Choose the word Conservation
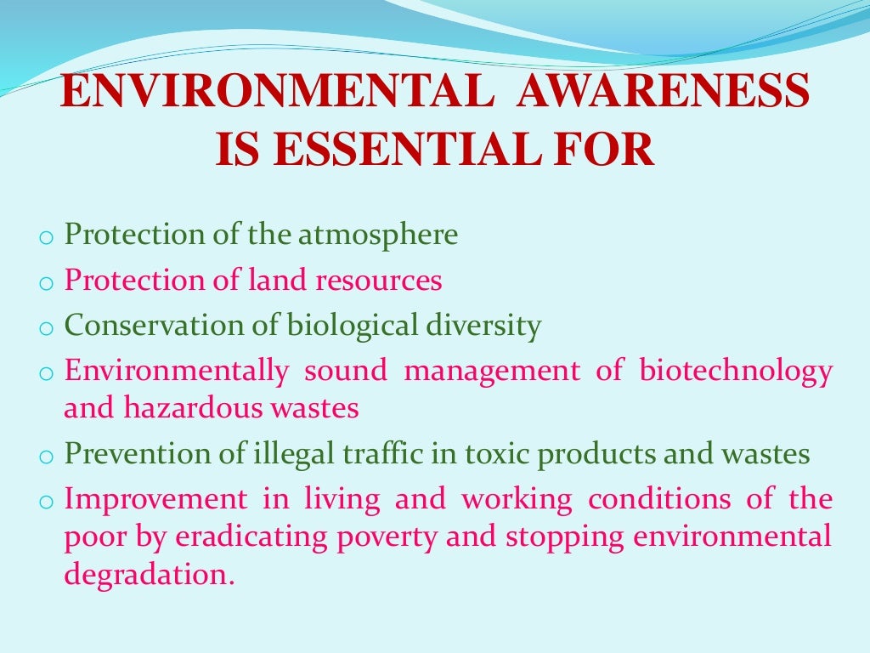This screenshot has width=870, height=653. (x=139, y=326)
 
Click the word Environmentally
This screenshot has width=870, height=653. (x=177, y=372)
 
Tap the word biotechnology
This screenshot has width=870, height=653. (x=736, y=372)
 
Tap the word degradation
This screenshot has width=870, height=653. (x=148, y=576)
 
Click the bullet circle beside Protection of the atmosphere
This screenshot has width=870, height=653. (x=46, y=238)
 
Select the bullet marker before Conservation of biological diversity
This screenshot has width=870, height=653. (x=46, y=329)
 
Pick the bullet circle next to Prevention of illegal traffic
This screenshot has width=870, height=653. (x=46, y=457)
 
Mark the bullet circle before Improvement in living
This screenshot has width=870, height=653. (x=46, y=502)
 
